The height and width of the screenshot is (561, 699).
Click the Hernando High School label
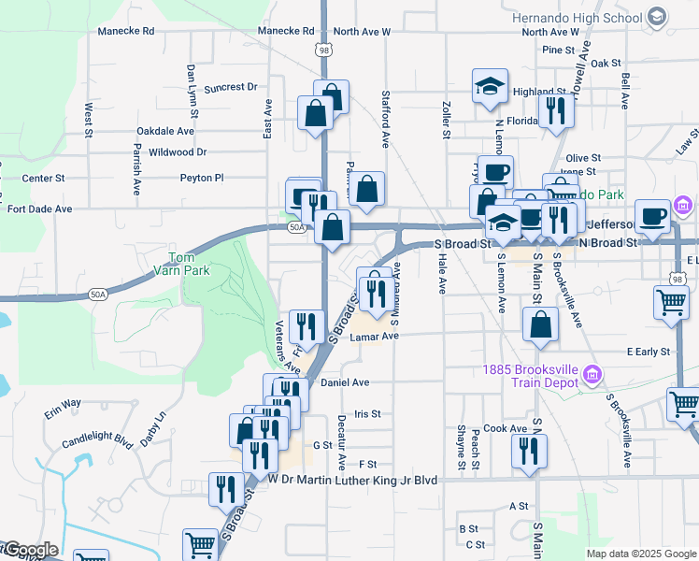(577, 18)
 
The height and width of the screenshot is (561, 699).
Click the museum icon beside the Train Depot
(591, 376)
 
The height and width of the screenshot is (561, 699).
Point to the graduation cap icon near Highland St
(490, 88)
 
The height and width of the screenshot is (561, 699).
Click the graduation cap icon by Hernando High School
(656, 17)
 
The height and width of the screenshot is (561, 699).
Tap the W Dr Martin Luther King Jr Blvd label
(352, 480)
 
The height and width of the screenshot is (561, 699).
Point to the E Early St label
(649, 352)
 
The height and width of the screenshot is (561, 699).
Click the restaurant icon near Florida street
(556, 110)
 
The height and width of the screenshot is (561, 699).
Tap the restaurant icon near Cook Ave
(529, 451)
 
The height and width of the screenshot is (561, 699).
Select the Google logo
(29, 550)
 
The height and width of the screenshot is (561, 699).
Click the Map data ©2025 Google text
(641, 554)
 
